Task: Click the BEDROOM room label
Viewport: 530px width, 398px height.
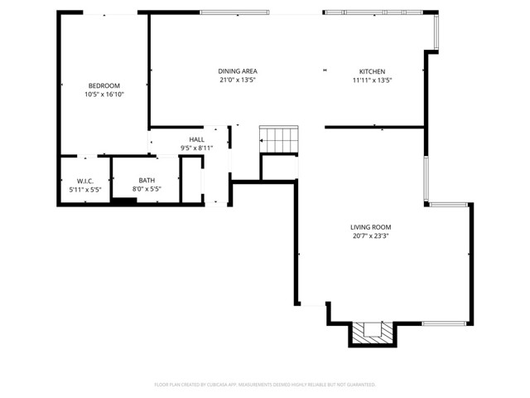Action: tap(104, 85)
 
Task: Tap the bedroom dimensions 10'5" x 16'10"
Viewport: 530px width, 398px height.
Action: tap(104, 95)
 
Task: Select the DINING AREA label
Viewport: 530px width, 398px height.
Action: tap(237, 71)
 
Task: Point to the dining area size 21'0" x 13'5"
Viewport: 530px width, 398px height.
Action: tap(237, 80)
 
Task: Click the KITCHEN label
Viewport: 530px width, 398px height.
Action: tap(372, 71)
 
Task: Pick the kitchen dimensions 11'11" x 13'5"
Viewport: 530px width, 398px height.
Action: tap(372, 80)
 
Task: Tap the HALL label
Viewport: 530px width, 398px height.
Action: tap(196, 139)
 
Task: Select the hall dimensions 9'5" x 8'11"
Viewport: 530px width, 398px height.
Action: tap(196, 148)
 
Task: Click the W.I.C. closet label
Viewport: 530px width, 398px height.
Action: tap(85, 180)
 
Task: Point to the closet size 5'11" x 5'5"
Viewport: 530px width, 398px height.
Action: tap(85, 189)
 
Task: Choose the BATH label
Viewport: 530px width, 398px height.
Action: tap(147, 180)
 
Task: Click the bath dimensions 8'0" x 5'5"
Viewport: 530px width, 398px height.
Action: tap(147, 189)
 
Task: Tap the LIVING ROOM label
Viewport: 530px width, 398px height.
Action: tap(370, 227)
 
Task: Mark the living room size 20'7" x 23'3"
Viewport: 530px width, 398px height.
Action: tap(370, 236)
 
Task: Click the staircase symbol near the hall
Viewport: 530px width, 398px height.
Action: tap(278, 139)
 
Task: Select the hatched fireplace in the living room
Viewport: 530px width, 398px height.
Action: tap(372, 332)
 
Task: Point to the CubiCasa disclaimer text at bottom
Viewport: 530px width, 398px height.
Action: tap(265, 385)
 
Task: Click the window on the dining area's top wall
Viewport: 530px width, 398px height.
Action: tap(234, 12)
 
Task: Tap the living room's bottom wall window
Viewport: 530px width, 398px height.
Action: tap(444, 323)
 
